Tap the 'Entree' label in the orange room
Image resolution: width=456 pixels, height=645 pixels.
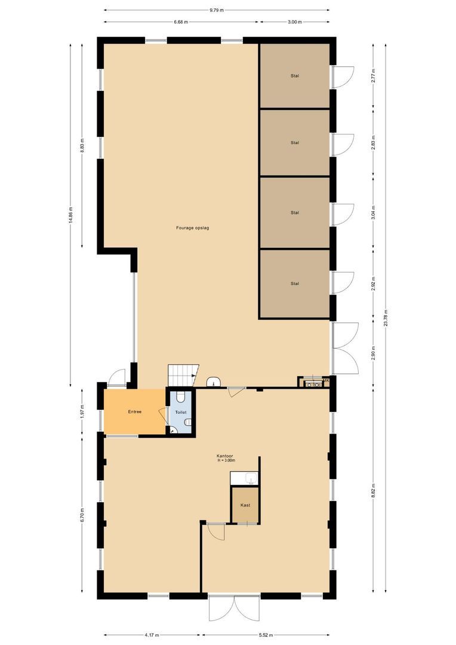[x=134, y=412]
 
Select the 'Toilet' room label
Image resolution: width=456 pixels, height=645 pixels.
[x=181, y=412]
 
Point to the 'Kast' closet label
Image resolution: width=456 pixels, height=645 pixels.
[x=245, y=505]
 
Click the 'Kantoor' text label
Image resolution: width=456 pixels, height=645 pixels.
[x=226, y=456]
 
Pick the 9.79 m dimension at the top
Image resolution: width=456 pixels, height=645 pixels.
[x=215, y=10]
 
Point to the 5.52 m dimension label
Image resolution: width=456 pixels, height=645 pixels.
[x=266, y=634]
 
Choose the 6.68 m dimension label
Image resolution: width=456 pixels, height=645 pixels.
[x=181, y=22]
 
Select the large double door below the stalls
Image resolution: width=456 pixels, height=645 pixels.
[x=345, y=348]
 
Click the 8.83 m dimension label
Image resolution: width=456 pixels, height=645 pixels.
[x=82, y=145]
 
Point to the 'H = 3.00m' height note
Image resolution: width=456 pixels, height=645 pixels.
[x=227, y=461]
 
